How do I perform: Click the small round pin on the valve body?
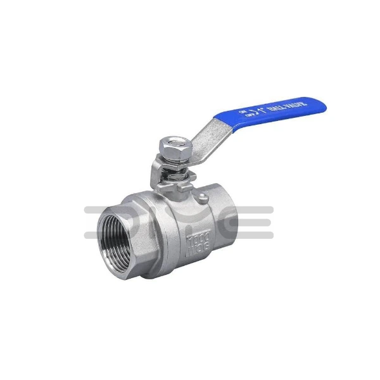tap(203, 201)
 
